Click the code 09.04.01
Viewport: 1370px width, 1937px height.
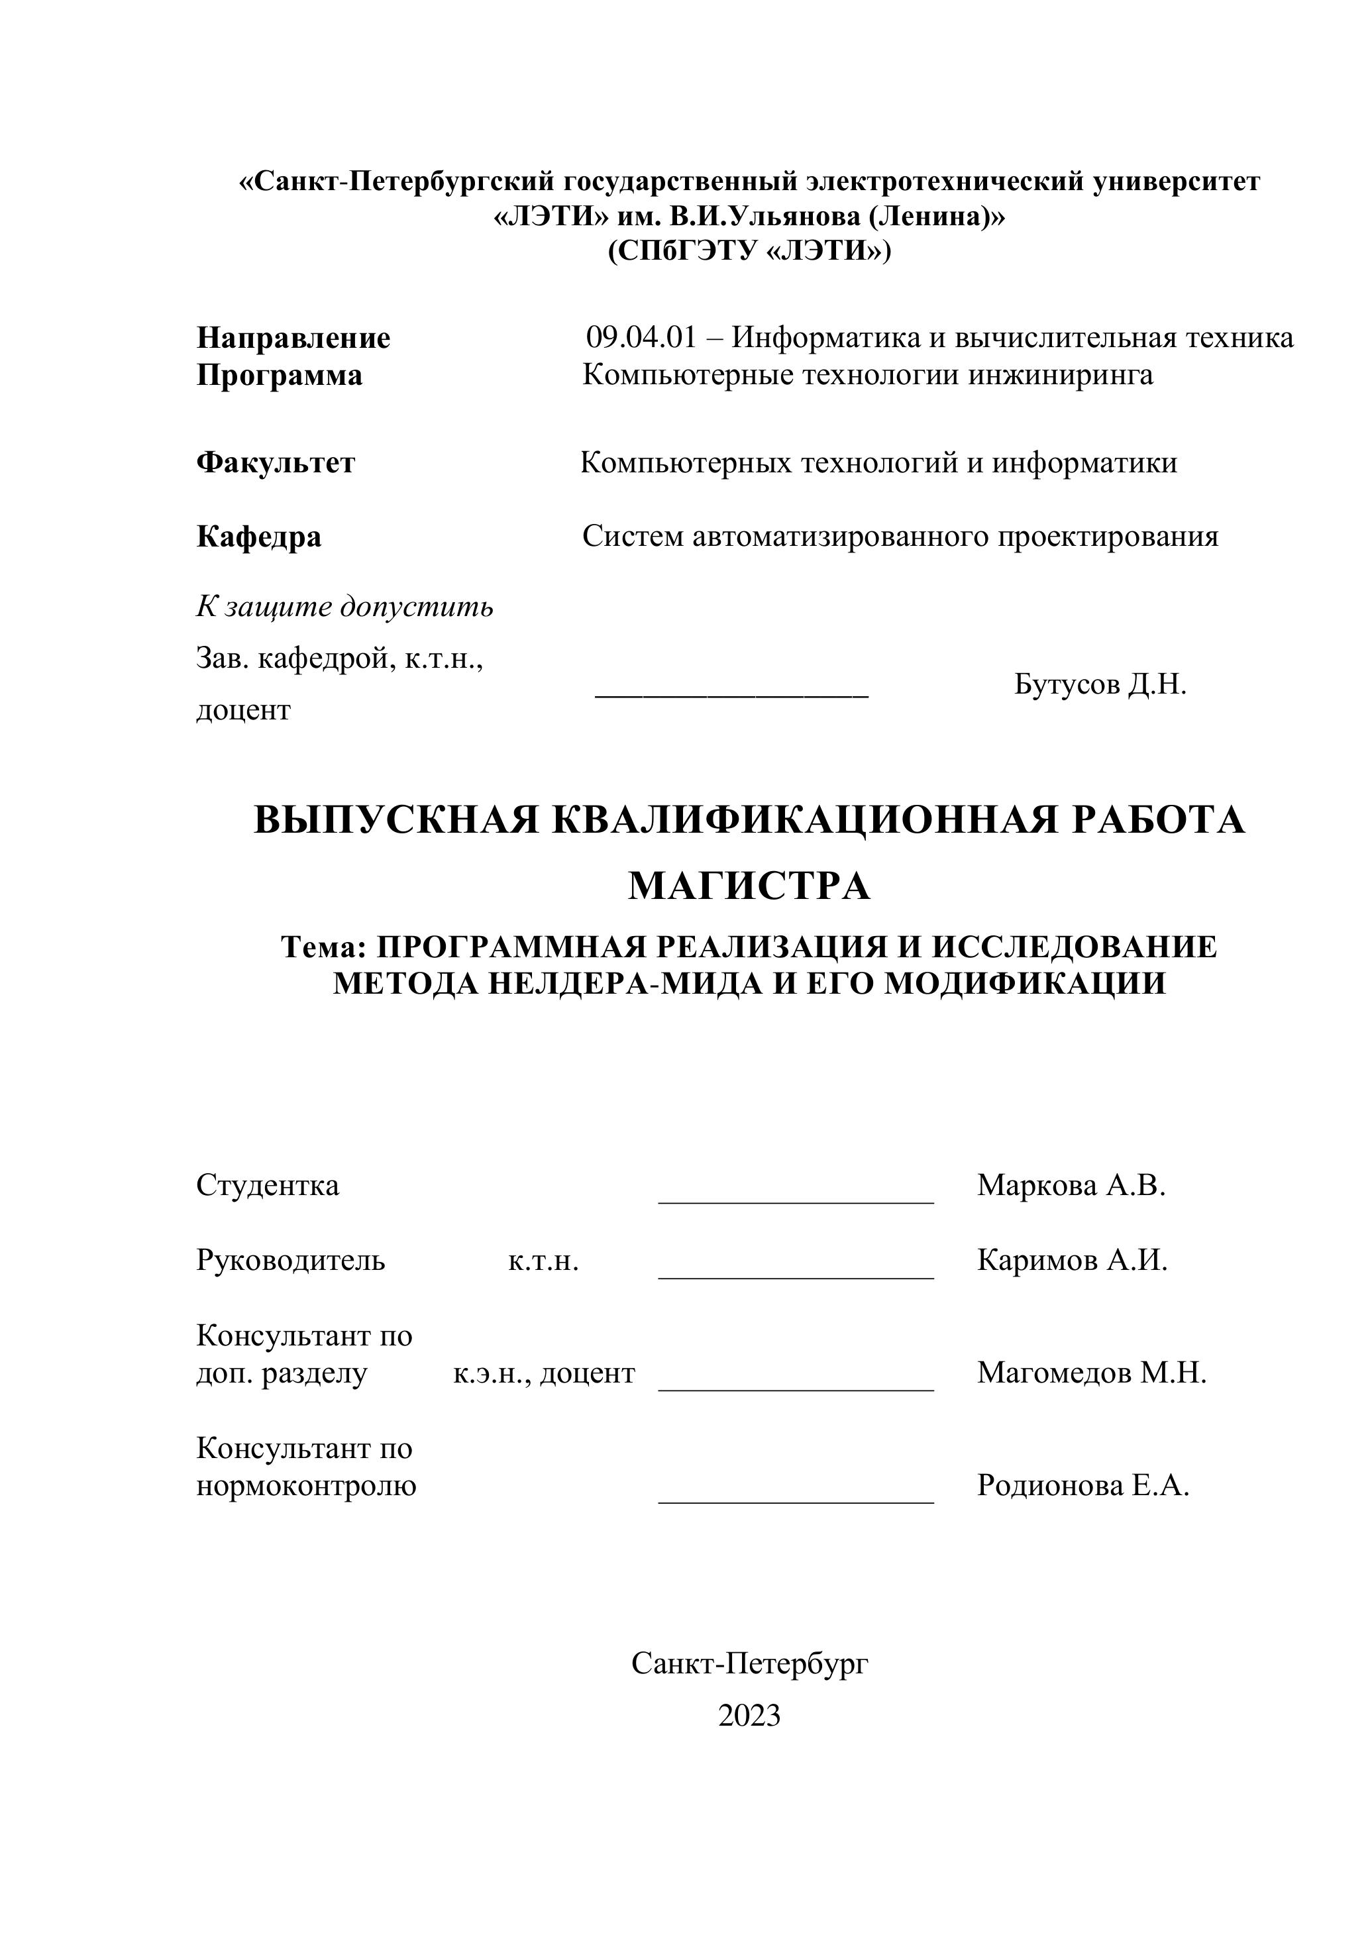(641, 339)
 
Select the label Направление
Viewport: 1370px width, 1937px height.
(293, 339)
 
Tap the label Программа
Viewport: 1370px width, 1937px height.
(279, 376)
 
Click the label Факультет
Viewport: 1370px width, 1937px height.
(276, 463)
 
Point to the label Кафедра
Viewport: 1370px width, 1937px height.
(259, 537)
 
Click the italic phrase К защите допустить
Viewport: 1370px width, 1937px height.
(345, 607)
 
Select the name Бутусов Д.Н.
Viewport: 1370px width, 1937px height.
(1100, 684)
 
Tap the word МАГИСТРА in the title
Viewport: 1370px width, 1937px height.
(749, 886)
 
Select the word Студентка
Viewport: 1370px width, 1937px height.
(268, 1185)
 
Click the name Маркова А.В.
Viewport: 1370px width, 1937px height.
(1071, 1185)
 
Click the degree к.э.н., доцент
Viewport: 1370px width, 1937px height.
(544, 1373)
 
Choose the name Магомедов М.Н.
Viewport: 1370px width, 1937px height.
(1092, 1373)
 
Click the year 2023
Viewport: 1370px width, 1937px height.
(749, 1716)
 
